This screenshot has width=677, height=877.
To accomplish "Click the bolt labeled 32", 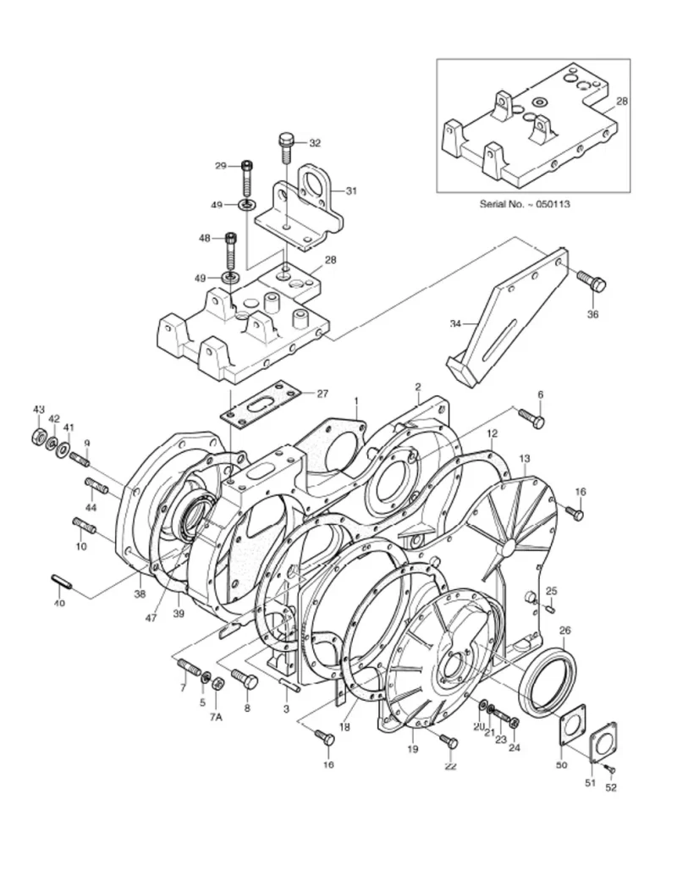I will click(285, 149).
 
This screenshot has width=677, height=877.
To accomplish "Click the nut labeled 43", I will click(37, 437).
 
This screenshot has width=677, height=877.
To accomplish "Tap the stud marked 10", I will click(87, 529).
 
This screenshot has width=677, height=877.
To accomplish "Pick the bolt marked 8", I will click(245, 680).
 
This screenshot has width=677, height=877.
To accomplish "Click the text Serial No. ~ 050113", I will click(524, 204).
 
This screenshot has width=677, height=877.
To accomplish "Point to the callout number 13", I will click(525, 458).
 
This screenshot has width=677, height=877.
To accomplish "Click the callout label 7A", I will click(216, 716).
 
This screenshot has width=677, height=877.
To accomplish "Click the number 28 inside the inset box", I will click(622, 101).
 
